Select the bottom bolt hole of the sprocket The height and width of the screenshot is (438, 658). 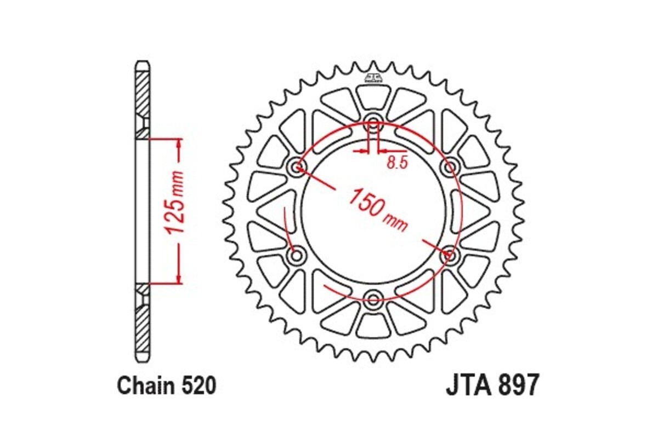[x=374, y=299]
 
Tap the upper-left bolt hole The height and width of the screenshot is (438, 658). [x=298, y=166]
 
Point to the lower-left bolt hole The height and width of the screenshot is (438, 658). [x=297, y=255]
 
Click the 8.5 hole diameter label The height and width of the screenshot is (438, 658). [x=397, y=163]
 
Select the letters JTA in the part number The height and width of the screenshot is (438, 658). [x=467, y=385]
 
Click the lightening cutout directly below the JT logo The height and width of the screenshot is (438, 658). [x=373, y=97]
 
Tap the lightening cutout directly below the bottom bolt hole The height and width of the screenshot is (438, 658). [x=373, y=325]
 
